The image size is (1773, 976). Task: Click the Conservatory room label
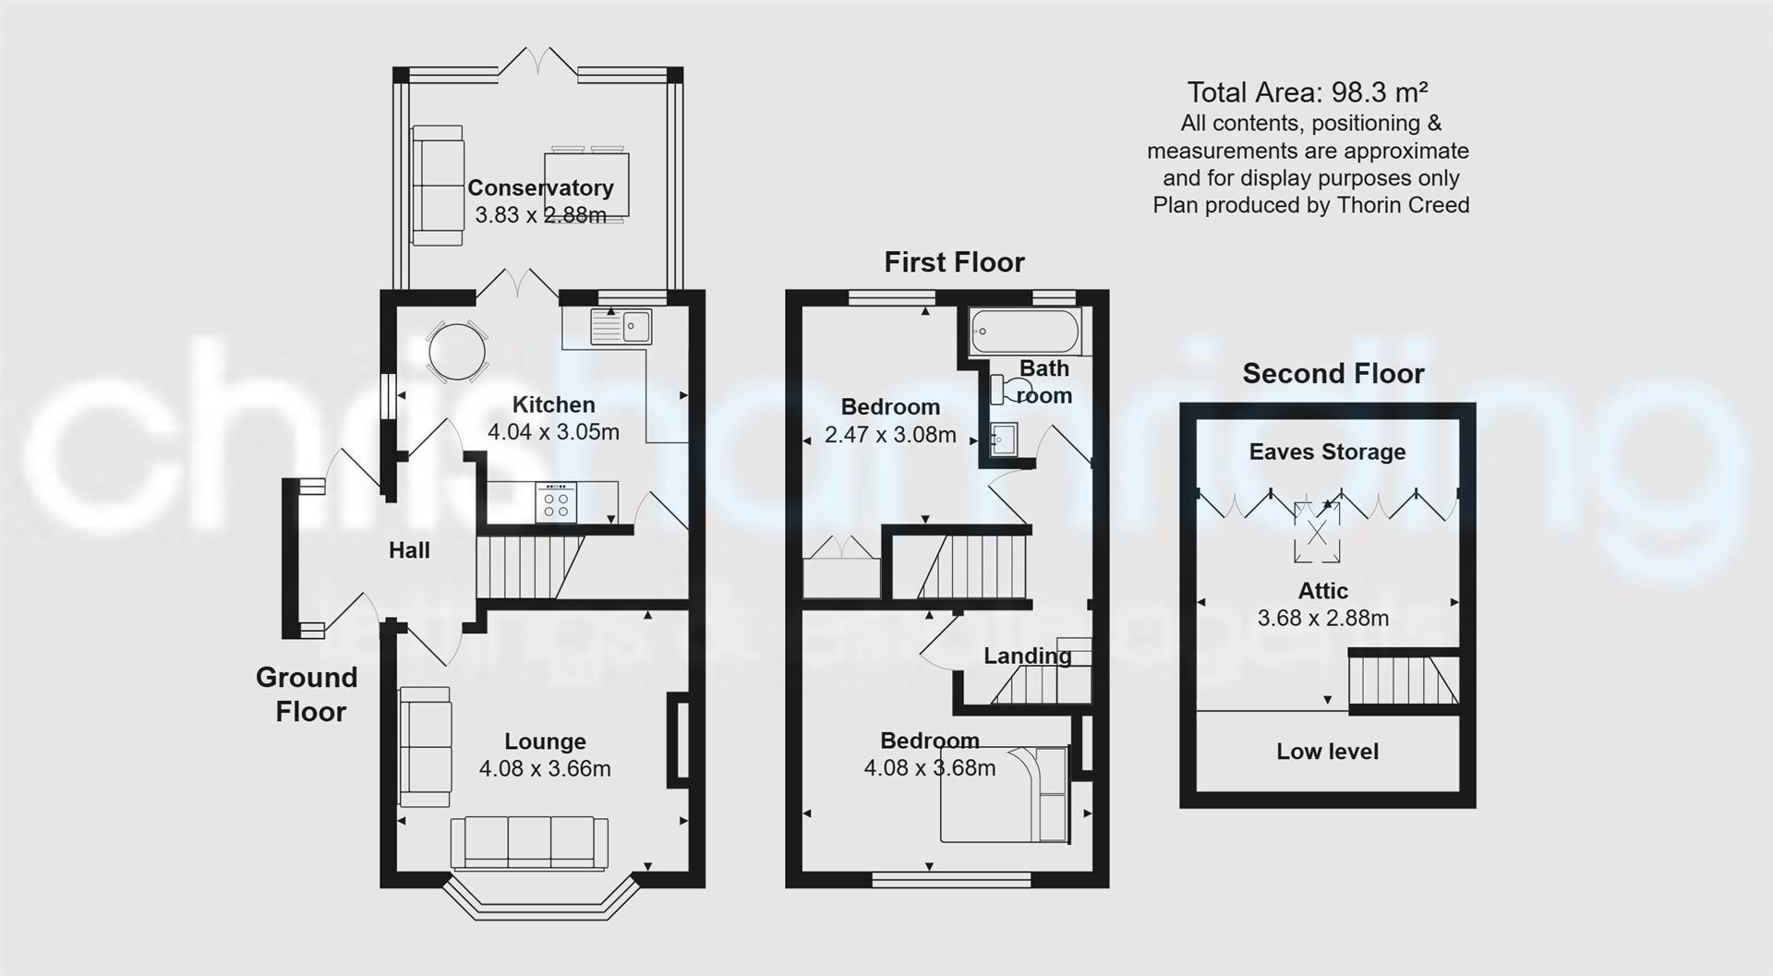[x=540, y=187]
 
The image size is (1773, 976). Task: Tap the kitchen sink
[x=622, y=326]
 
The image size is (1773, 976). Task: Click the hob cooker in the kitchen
[x=556, y=503]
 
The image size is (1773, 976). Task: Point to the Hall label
[x=409, y=550]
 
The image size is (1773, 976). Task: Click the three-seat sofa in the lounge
[x=529, y=843]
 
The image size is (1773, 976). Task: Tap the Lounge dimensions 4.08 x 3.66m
[x=545, y=768]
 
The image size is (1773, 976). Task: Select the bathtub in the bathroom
[x=1025, y=331]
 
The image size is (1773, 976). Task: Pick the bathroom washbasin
[x=1004, y=440]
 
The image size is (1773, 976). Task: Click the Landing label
[x=1027, y=656]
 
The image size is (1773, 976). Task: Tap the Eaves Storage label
[x=1327, y=452]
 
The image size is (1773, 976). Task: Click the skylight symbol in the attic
[x=1316, y=532]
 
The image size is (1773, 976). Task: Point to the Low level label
[x=1327, y=752]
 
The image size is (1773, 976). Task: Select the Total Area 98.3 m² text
[x=1308, y=92]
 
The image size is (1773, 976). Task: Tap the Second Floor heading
[x=1333, y=374]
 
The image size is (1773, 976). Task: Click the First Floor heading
[x=954, y=262]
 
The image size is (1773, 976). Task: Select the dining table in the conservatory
[x=587, y=185]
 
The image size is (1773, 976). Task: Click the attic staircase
[x=1404, y=681]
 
